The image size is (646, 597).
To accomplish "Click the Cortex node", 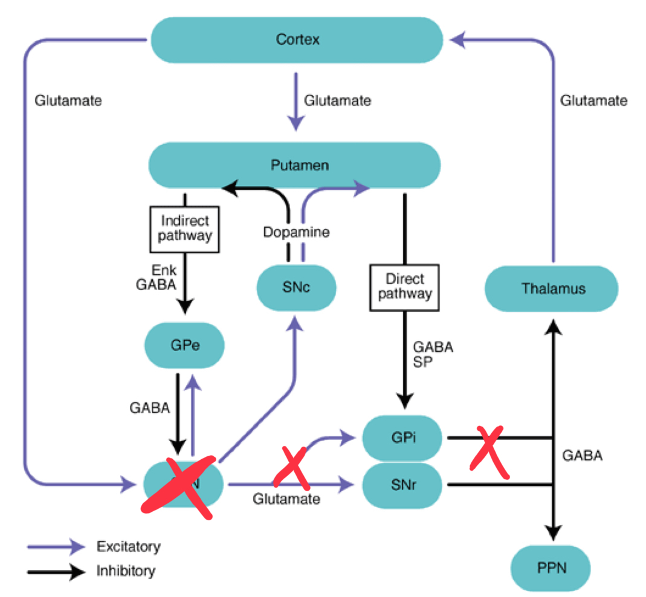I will (x=297, y=40).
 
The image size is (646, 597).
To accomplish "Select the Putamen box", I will (x=296, y=165).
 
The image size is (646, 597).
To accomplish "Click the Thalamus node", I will (x=552, y=288).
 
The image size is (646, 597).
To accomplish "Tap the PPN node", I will (x=552, y=568).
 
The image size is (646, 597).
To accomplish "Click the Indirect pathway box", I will (x=184, y=228).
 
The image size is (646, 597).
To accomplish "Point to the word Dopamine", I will (x=296, y=232).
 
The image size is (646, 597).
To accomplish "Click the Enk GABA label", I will (x=156, y=276).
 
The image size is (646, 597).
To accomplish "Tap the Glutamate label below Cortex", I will (x=337, y=100).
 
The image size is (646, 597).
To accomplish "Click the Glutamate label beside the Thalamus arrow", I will (x=593, y=100).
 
